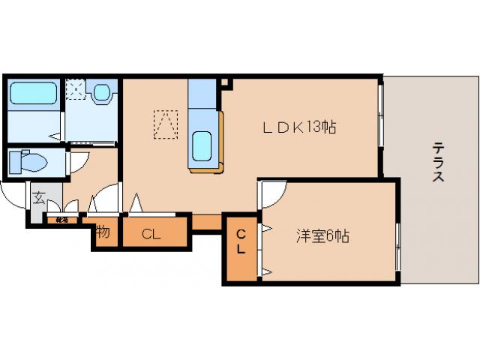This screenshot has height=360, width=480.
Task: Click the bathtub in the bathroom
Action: click(x=34, y=93)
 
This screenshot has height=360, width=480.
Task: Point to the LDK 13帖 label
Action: click(x=298, y=127)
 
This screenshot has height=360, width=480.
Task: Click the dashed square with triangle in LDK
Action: click(x=166, y=124)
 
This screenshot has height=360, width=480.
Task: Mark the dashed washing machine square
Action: click(x=76, y=89)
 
